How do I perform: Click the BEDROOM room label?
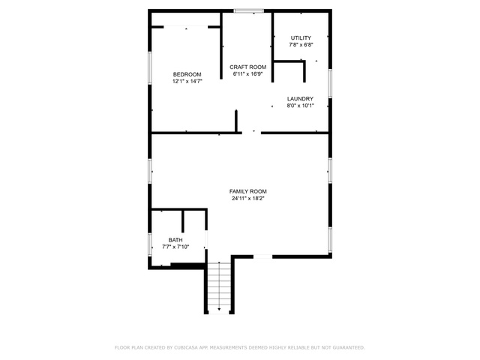[187, 74]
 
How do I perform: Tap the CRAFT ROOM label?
[248, 67]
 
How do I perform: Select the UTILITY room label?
[301, 38]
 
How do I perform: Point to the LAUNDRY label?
[300, 99]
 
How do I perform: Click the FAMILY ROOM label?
[248, 191]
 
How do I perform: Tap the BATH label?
[175, 240]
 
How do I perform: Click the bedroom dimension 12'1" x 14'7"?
[187, 82]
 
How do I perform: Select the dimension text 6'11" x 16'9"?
[248, 74]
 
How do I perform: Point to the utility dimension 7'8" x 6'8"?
[301, 45]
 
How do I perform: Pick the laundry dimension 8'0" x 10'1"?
[300, 106]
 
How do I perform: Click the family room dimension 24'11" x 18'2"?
[248, 198]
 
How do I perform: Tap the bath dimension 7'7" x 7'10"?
[175, 247]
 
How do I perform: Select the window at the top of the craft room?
[248, 11]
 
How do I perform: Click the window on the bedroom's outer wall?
[150, 68]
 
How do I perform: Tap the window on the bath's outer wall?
[150, 244]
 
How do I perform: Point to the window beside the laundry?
[330, 83]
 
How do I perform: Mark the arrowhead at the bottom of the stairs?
[219, 309]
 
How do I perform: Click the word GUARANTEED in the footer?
[349, 347]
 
